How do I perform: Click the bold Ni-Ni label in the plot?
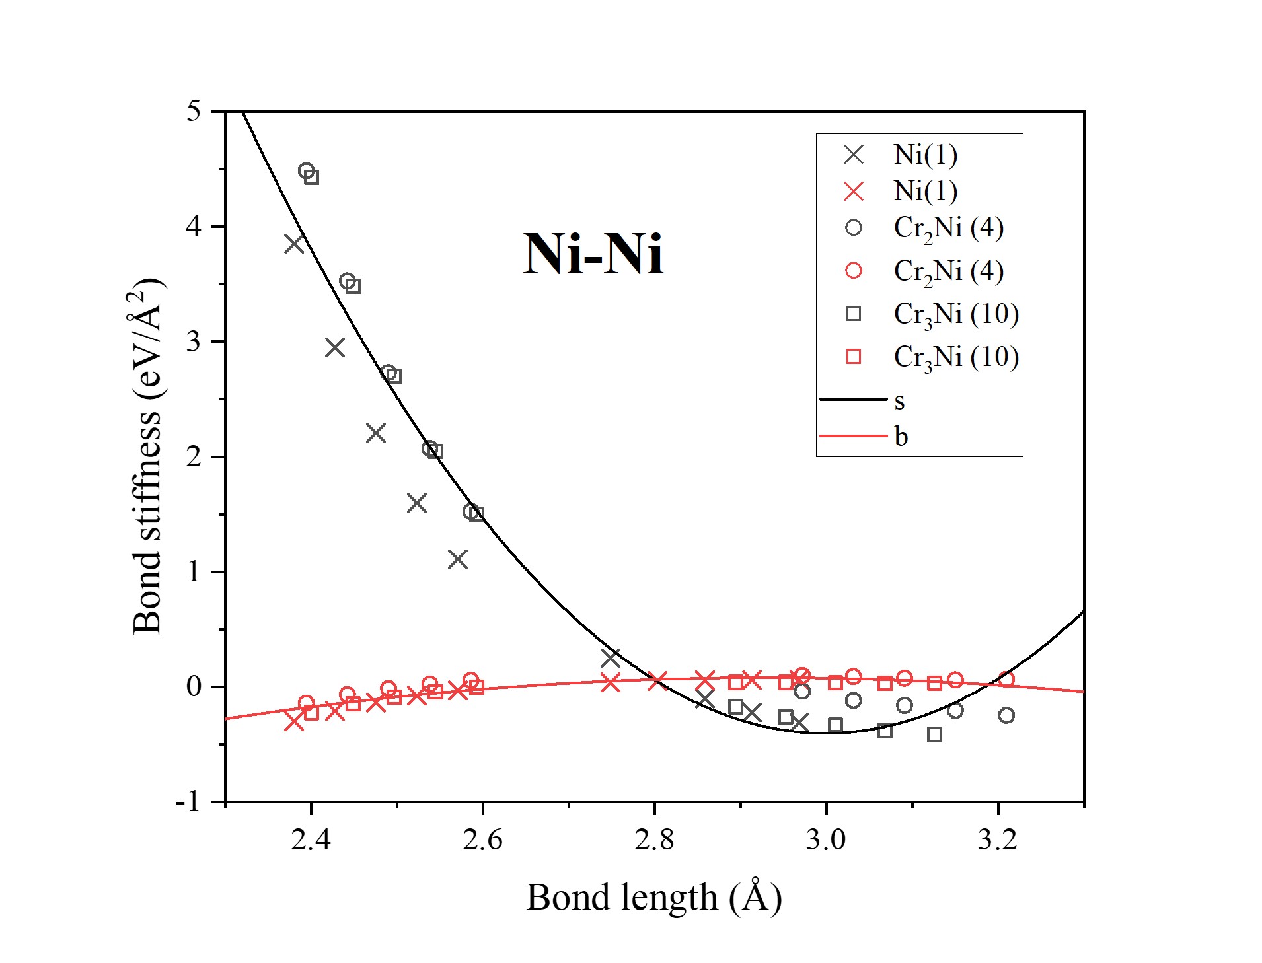pyautogui.click(x=593, y=255)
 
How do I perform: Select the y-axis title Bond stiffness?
pyautogui.click(x=148, y=456)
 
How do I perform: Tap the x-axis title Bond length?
pyautogui.click(x=653, y=898)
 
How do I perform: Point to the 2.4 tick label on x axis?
pyautogui.click(x=311, y=840)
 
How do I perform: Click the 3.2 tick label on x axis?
pyautogui.click(x=998, y=840)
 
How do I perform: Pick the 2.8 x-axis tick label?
pyautogui.click(x=654, y=840)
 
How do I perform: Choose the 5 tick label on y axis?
pyautogui.click(x=193, y=112)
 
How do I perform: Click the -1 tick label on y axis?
pyautogui.click(x=188, y=802)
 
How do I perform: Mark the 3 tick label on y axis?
pyautogui.click(x=193, y=341)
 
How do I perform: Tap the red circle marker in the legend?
pyautogui.click(x=854, y=271)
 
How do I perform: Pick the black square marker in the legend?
pyautogui.click(x=854, y=314)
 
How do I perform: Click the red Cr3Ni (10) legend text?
pyautogui.click(x=955, y=357)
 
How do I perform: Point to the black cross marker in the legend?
pyautogui.click(x=854, y=155)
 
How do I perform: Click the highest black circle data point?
pyautogui.click(x=306, y=171)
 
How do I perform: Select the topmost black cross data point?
pyautogui.click(x=294, y=244)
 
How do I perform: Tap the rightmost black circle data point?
pyautogui.click(x=1006, y=715)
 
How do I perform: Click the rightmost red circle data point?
pyautogui.click(x=1006, y=679)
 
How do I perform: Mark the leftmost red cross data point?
pyautogui.click(x=294, y=721)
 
